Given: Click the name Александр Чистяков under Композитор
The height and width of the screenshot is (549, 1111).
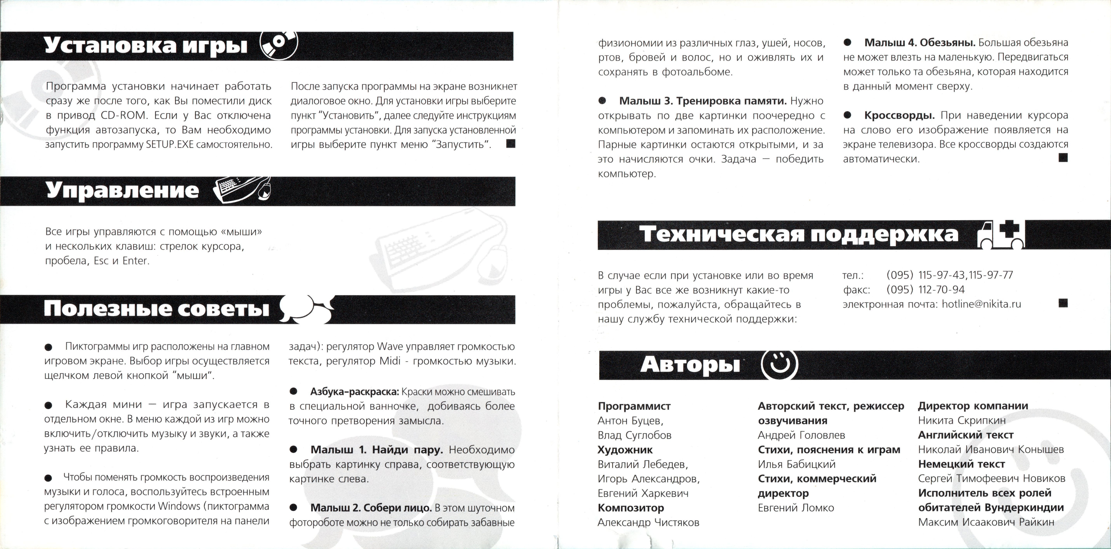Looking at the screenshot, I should click(x=648, y=522).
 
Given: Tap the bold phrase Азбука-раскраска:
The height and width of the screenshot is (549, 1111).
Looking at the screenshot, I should click(x=355, y=392).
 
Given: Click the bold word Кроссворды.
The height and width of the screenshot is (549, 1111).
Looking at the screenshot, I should click(x=899, y=116).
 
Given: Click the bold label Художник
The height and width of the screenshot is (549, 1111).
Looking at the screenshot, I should click(x=625, y=450).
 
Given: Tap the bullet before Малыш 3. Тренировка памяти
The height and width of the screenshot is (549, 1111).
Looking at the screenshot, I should click(x=602, y=101).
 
